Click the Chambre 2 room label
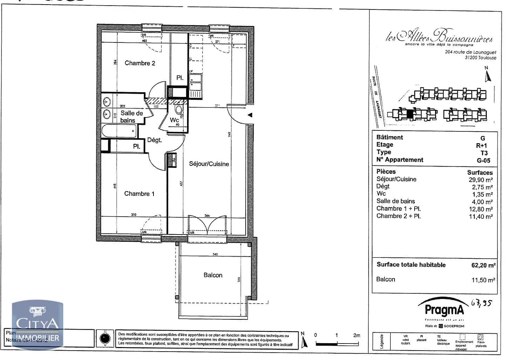pos(140,63)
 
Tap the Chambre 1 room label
pos(139,193)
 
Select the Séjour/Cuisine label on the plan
pos(209,164)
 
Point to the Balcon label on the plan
pos(213,275)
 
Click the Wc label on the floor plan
pos(174,120)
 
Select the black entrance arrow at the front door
pos(249,115)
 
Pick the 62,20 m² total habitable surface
pos(483,265)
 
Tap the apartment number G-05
pos(483,161)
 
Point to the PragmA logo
pos(444,310)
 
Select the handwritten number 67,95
pos(481,303)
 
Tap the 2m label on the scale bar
pos(356,335)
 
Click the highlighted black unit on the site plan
pos(410,114)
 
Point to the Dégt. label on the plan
pos(154,140)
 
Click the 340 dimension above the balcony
pos(215,254)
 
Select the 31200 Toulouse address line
pos(480,58)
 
